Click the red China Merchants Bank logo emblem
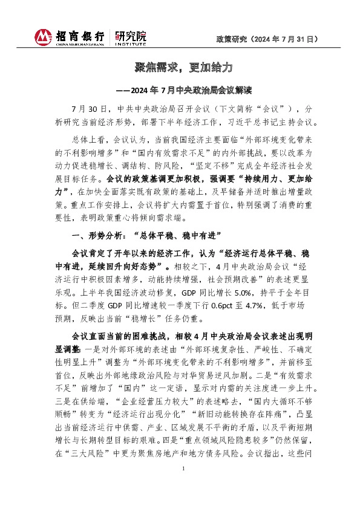[x=44, y=38]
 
